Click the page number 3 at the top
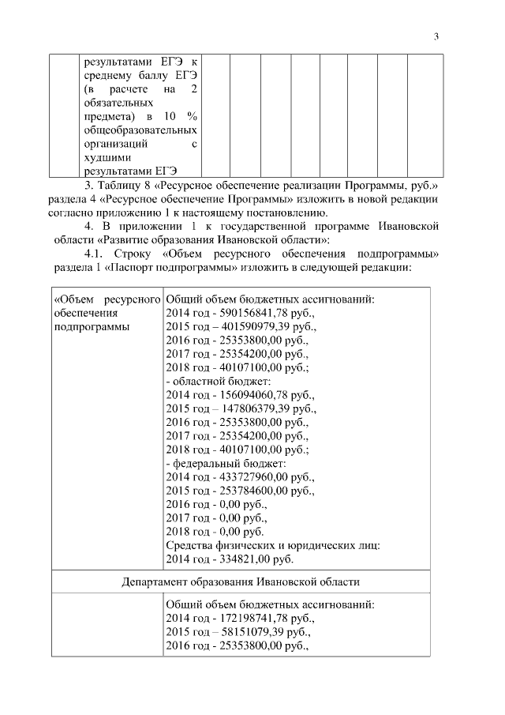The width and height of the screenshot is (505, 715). click(436, 36)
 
